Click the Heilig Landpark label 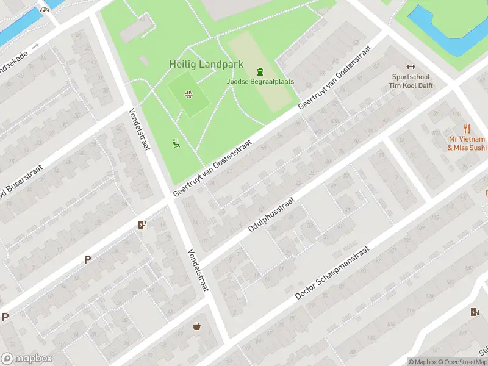point(206,64)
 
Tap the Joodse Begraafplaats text point(260,81)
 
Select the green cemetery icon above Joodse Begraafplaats point(260,71)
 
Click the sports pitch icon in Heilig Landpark point(189,94)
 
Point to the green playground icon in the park point(176,143)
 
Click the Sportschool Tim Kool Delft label point(411,81)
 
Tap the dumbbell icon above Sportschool point(411,67)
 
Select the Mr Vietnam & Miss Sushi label point(467,143)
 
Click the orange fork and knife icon point(467,129)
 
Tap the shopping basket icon point(197,326)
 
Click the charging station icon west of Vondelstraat point(143,225)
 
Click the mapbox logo point(26,358)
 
